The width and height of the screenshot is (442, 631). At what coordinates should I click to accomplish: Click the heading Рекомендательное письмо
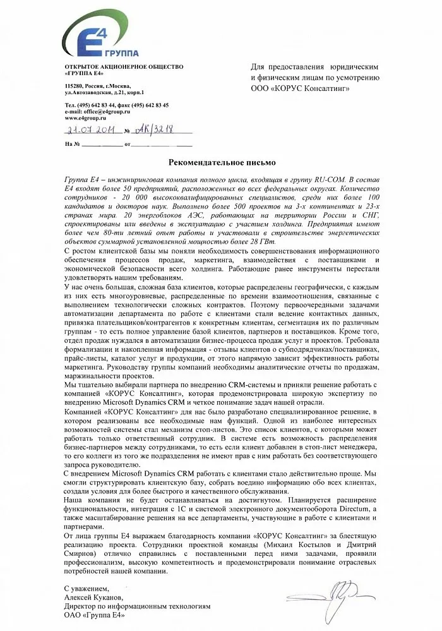pos(220,162)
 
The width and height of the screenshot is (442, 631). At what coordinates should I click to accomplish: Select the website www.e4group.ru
pos(85,117)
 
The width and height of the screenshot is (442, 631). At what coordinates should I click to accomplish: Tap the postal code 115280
pos(74,85)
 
